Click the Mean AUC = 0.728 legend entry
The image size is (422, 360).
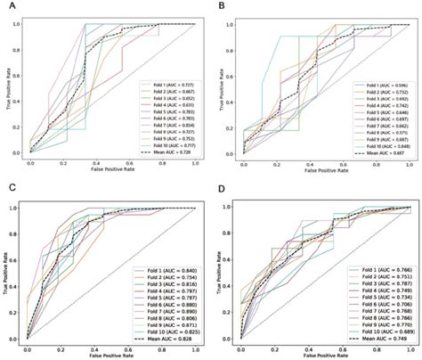pyautogui.click(x=165, y=153)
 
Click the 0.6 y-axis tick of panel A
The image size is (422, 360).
pyautogui.click(x=19, y=75)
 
